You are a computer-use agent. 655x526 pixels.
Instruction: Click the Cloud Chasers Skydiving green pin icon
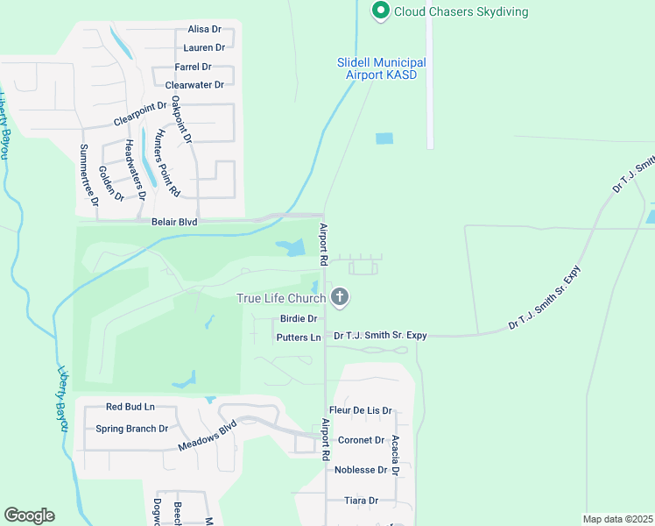[381, 11]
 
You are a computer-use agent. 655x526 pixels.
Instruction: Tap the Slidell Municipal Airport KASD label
[382, 68]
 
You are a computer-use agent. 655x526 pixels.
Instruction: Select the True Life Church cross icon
[340, 298]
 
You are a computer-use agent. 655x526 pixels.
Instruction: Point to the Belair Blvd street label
[174, 223]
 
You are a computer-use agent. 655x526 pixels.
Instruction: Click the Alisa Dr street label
[204, 29]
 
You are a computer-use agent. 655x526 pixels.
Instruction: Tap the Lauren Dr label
[204, 47]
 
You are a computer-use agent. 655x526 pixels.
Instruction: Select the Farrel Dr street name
[194, 67]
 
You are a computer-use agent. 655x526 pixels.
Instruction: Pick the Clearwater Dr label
[194, 85]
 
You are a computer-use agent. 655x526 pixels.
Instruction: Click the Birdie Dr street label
[299, 319]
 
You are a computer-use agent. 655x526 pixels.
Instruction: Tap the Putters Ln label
[299, 337]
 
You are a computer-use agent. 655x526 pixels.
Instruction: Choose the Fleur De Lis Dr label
[360, 410]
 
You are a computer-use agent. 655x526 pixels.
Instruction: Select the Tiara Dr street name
[361, 501]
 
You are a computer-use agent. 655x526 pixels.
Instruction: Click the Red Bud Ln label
[130, 407]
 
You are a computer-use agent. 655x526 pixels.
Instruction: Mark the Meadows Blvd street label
[208, 437]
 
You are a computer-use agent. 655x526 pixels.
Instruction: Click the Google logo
[29, 515]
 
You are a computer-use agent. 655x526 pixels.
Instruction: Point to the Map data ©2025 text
[617, 519]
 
